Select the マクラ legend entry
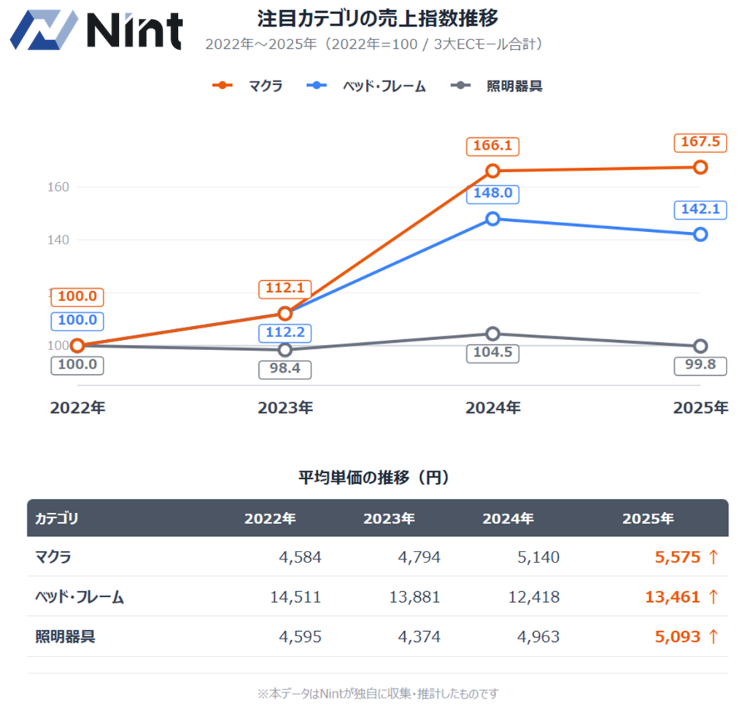tap(248, 85)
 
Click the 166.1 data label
tap(492, 146)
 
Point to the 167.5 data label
tap(700, 142)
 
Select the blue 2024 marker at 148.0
tap(492, 219)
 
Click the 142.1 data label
tap(700, 210)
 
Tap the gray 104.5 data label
tap(492, 353)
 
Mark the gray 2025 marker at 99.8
tap(700, 346)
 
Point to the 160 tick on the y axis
tap(58, 187)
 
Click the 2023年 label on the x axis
tap(285, 408)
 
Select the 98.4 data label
tap(285, 369)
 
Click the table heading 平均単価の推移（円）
tap(373, 478)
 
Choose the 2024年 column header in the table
tap(508, 519)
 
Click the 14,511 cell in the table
tap(295, 597)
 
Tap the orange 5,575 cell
tap(677, 557)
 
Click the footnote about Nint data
tap(378, 693)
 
